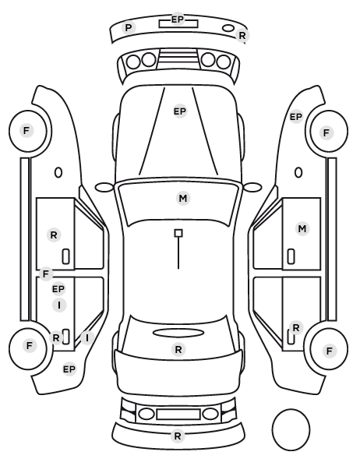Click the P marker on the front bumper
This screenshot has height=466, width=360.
click(129, 28)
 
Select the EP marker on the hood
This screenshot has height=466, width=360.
click(180, 111)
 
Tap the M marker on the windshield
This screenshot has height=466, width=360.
click(183, 198)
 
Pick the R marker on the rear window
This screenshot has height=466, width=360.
click(178, 349)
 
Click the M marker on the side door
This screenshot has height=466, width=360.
click(302, 229)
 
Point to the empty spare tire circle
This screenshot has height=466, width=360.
click(291, 429)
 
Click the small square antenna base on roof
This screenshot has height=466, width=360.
click(178, 233)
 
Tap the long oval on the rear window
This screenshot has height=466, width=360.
click(178, 333)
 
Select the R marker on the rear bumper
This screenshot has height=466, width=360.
click(178, 436)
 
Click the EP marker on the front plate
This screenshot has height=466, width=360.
click(178, 19)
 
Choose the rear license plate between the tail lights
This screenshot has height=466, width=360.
click(178, 414)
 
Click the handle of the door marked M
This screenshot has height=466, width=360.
click(291, 256)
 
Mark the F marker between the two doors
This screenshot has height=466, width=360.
click(46, 274)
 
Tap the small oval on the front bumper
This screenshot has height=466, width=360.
click(228, 28)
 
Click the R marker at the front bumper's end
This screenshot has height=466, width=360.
click(242, 36)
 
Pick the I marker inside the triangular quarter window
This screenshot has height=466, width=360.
click(87, 338)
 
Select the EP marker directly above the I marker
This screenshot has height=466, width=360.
click(58, 288)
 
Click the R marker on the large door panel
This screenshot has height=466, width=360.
click(54, 235)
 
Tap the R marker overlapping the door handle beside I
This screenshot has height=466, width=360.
click(56, 337)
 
